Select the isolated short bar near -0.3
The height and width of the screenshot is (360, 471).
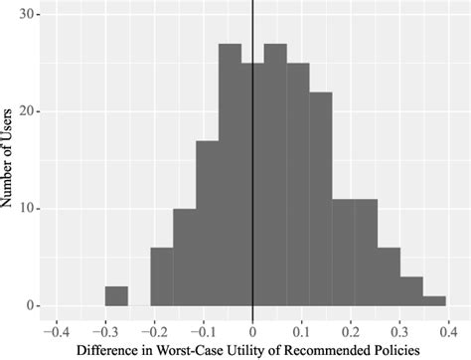pyautogui.click(x=116, y=295)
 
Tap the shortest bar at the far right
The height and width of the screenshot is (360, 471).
pyautogui.click(x=433, y=300)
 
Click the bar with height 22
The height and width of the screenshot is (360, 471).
pyautogui.click(x=320, y=199)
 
